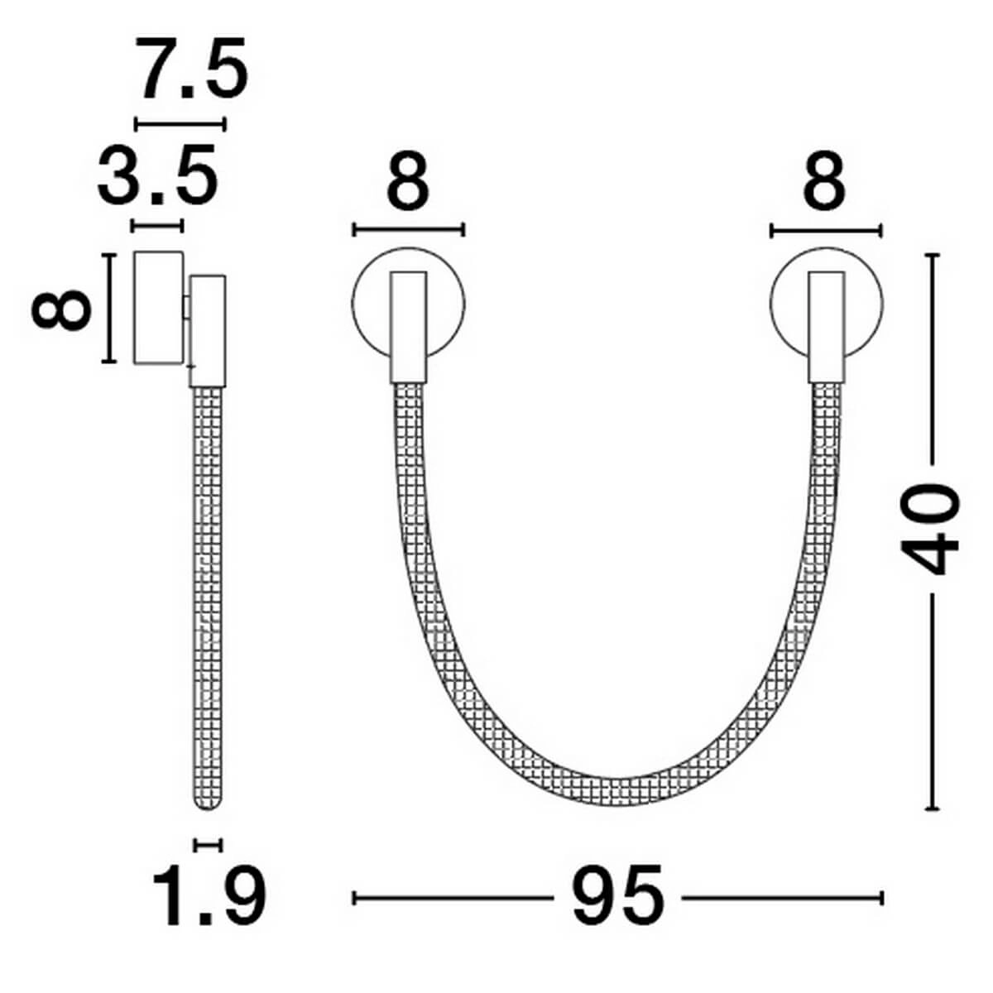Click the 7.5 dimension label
[190, 69]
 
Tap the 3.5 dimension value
[158, 173]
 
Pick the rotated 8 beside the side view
[60, 309]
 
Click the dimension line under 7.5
[180, 124]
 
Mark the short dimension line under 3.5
[158, 226]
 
